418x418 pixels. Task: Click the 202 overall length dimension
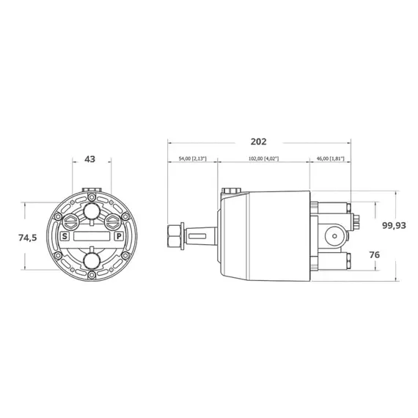coord(258,142)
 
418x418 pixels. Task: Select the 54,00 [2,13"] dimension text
coord(192,158)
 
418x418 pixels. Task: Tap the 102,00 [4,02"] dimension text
coord(263,158)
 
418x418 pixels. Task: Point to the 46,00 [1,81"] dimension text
coord(330,158)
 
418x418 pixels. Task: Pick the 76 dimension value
coord(374,254)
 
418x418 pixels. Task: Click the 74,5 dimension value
coord(26,237)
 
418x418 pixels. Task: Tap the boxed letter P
coord(118,237)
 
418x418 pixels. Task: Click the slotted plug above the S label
coord(70,221)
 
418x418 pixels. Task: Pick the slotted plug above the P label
coord(111,221)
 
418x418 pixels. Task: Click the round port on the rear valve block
coord(334,236)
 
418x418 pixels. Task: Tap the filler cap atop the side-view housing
coord(232,191)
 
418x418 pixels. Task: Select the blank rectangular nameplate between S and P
coord(91,237)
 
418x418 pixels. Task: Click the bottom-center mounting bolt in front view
coord(91,279)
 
